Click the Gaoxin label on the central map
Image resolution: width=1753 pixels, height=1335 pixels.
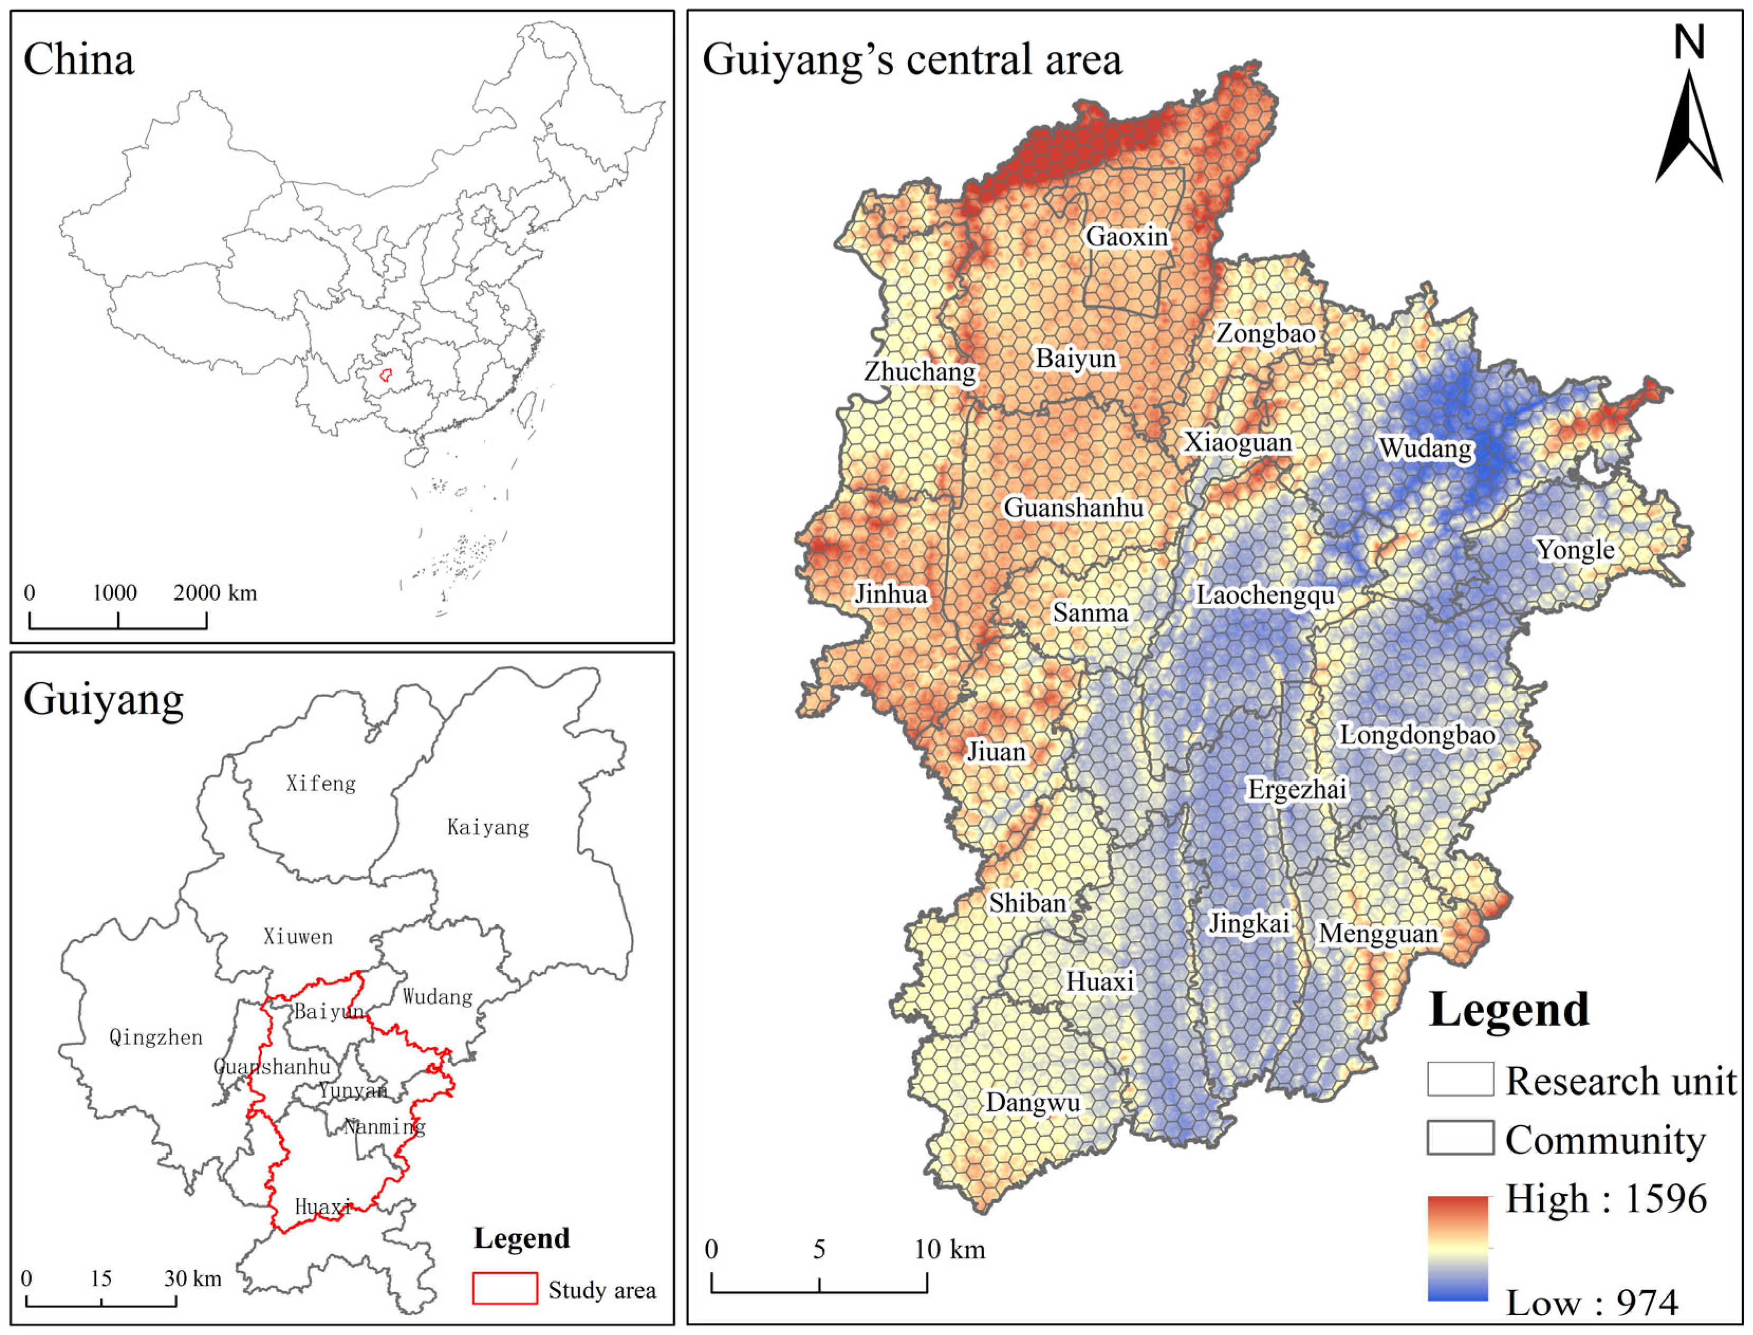click(1126, 236)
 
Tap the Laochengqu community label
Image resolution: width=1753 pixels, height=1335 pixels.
click(1265, 595)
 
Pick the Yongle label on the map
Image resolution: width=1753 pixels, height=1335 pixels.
click(1574, 549)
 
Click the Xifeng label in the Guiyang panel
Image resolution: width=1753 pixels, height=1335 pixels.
click(320, 784)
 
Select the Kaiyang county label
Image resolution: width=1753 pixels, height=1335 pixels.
click(487, 827)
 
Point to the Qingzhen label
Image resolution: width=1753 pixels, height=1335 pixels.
click(156, 1037)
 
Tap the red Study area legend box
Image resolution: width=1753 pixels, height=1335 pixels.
click(505, 1288)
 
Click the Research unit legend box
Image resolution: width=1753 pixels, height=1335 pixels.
click(1459, 1079)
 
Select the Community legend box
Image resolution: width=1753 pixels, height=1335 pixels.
click(1459, 1137)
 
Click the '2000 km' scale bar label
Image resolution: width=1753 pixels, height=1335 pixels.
click(215, 593)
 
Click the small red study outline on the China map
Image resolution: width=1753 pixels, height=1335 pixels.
click(385, 374)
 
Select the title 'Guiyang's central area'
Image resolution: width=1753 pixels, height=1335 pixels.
click(912, 60)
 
